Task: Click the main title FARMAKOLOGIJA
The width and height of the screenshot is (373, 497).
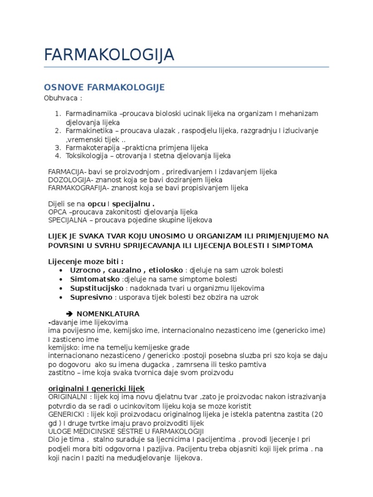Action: tap(109, 55)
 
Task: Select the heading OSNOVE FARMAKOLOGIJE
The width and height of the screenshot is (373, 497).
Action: tap(104, 87)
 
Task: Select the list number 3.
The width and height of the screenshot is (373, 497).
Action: tap(57, 148)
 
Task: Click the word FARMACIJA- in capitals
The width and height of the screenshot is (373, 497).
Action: tap(67, 172)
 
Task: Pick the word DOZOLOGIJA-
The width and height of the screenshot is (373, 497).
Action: tap(69, 180)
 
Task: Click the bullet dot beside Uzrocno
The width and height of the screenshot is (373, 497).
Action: tap(60, 270)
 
